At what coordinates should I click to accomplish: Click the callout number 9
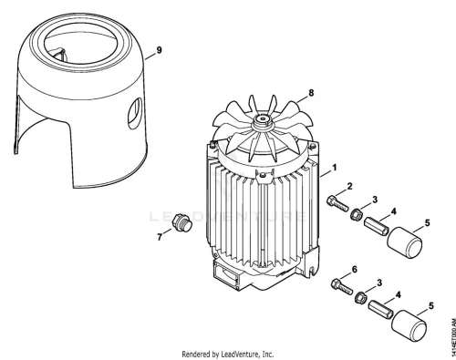[159, 50]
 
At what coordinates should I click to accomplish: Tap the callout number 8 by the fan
[311, 93]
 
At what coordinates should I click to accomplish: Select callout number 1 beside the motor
[335, 168]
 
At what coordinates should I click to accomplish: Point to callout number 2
[349, 186]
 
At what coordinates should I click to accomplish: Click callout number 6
[354, 270]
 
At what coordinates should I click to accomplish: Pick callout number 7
[160, 237]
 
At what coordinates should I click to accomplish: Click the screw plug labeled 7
[181, 223]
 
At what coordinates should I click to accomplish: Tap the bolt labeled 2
[337, 203]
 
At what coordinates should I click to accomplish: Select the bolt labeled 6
[341, 286]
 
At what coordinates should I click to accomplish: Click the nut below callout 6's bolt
[360, 296]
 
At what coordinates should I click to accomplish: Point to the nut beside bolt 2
[356, 214]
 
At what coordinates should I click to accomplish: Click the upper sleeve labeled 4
[377, 226]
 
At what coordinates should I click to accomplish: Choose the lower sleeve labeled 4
[381, 309]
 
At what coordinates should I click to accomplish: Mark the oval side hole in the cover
[134, 113]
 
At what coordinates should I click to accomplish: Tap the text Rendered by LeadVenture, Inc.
[228, 354]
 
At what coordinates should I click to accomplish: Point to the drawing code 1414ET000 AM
[453, 335]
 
